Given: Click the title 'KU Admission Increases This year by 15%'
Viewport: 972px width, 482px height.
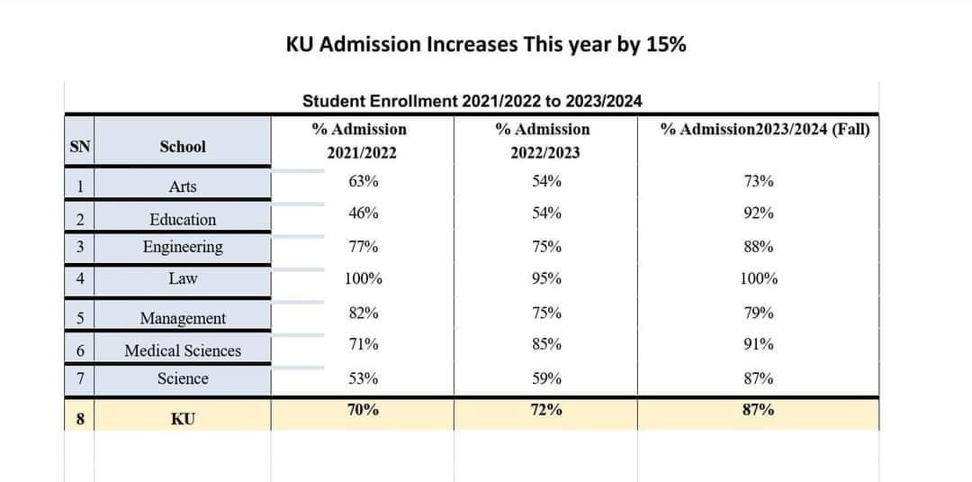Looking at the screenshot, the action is click(486, 44).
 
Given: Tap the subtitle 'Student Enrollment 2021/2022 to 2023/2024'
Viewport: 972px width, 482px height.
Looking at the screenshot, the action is click(472, 101).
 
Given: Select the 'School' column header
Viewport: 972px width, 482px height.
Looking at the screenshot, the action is click(182, 147).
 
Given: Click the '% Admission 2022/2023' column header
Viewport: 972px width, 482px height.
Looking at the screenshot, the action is click(544, 141).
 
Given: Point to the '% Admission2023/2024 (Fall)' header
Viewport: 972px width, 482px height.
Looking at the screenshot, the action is click(765, 130).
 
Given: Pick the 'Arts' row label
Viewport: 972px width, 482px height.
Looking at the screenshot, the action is click(182, 186).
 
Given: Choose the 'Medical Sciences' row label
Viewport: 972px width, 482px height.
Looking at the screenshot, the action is click(182, 350).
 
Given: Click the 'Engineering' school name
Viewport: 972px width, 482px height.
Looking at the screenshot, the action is click(182, 247).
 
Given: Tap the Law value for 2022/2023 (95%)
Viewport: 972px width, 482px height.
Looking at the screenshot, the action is click(546, 278).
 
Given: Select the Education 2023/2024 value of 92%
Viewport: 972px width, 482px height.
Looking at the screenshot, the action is click(758, 214).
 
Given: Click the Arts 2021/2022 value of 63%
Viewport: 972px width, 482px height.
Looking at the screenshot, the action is click(363, 181).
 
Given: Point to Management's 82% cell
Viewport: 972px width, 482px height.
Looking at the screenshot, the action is click(363, 313).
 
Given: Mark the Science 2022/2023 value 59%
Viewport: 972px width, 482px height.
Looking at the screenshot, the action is click(546, 378).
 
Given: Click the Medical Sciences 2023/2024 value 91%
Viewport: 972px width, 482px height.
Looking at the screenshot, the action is click(758, 343).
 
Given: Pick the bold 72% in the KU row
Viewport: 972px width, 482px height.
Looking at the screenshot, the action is click(546, 409).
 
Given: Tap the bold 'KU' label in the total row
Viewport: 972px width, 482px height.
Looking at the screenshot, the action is click(182, 419).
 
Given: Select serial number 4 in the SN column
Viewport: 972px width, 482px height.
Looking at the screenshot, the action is click(80, 278).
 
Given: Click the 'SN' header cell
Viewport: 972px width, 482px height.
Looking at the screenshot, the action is click(80, 147).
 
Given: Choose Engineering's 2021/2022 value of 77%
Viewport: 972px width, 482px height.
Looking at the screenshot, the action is click(363, 247).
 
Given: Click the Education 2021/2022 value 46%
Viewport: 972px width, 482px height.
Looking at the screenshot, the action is click(363, 214).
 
